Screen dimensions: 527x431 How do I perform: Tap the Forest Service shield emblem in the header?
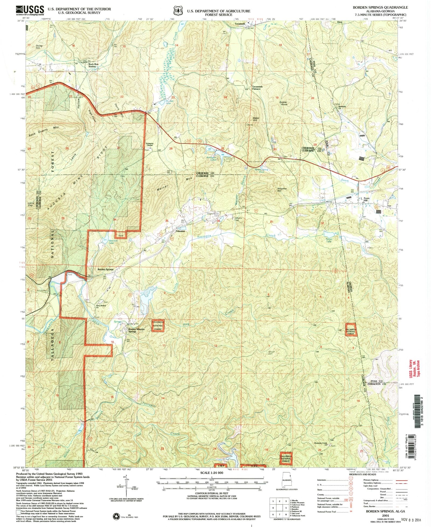tap(177, 10)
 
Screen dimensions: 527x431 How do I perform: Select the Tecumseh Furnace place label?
tap(257, 88)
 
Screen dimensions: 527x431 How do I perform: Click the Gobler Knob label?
tap(283, 103)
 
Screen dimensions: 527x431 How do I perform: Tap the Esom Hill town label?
tap(366, 199)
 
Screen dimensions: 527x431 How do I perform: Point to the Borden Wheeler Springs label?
tap(136, 330)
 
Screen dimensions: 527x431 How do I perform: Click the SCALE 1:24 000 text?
tap(212, 473)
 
